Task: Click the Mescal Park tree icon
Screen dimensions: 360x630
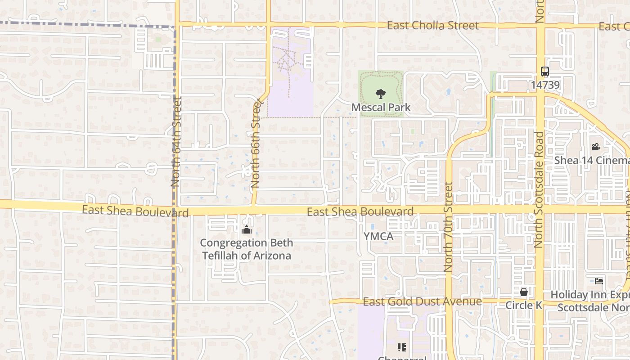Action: pyautogui.click(x=381, y=94)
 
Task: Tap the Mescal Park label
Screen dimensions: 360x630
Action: pyautogui.click(x=381, y=107)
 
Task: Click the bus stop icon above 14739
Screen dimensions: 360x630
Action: pyautogui.click(x=544, y=72)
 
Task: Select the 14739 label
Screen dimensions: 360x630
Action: pyautogui.click(x=544, y=85)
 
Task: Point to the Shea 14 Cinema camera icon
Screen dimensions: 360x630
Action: pyautogui.click(x=596, y=147)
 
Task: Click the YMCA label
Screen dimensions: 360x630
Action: pyautogui.click(x=378, y=236)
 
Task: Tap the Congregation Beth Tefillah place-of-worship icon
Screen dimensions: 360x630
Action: pyautogui.click(x=246, y=230)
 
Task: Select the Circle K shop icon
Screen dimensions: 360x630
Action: pyautogui.click(x=523, y=292)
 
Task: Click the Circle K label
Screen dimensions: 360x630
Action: pyautogui.click(x=523, y=305)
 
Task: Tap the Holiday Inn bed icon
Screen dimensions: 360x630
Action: pyautogui.click(x=599, y=281)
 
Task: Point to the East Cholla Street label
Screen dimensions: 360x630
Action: pyautogui.click(x=433, y=26)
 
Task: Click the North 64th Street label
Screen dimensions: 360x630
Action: pyautogui.click(x=175, y=142)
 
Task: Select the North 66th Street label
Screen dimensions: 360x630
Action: pyautogui.click(x=256, y=144)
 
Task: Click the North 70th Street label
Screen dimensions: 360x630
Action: pyautogui.click(x=448, y=226)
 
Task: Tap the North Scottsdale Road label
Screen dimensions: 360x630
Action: pyautogui.click(x=539, y=189)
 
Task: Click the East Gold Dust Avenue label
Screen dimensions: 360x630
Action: pyautogui.click(x=422, y=301)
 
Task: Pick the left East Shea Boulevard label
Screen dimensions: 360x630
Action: pyautogui.click(x=135, y=211)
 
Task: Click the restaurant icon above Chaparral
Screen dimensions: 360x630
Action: pyautogui.click(x=402, y=347)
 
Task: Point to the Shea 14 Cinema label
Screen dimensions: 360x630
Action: pyautogui.click(x=592, y=160)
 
